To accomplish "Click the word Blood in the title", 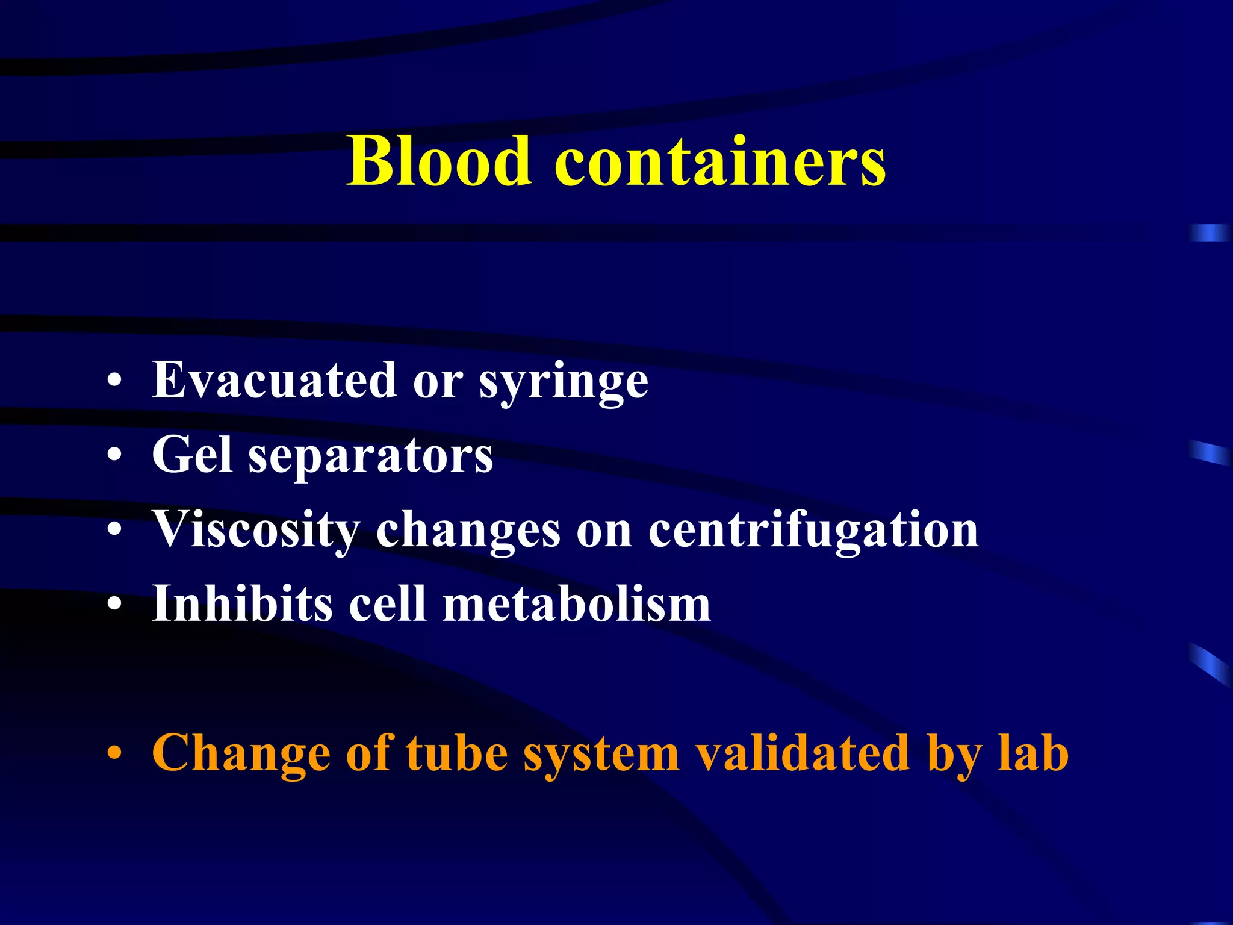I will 439,161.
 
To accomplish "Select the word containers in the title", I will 720,161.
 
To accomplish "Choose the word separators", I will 371,456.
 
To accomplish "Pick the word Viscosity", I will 256,531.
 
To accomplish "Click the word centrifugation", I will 813,531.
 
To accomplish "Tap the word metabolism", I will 577,603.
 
